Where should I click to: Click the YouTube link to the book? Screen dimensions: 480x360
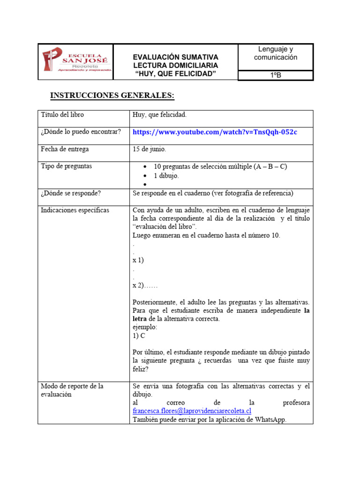pyautogui.click(x=215, y=132)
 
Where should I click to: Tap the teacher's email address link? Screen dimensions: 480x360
pyautogui.click(x=192, y=411)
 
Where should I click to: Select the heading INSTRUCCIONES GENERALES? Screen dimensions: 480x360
pyautogui.click(x=112, y=96)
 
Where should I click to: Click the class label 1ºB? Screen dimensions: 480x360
pyautogui.click(x=276, y=75)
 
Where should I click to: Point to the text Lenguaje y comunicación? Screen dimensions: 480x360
pyautogui.click(x=276, y=53)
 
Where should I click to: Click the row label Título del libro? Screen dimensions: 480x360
pyautogui.click(x=62, y=114)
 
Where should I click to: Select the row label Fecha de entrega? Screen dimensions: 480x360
pyautogui.click(x=65, y=149)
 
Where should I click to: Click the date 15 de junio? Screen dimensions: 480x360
pyautogui.click(x=149, y=149)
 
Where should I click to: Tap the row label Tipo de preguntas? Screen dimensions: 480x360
pyautogui.click(x=66, y=166)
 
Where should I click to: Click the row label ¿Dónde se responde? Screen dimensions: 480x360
pyautogui.click(x=70, y=193)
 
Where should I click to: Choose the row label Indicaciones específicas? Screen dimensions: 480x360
pyautogui.click(x=75, y=210)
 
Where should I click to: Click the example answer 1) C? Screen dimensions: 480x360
pyautogui.click(x=139, y=336)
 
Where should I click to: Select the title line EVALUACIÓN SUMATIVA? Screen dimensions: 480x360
pyautogui.click(x=176, y=57)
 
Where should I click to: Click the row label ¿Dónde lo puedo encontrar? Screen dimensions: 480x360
pyautogui.click(x=81, y=132)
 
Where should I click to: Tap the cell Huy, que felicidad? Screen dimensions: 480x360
pyautogui.click(x=159, y=114)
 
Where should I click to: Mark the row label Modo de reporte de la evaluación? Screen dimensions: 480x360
pyautogui.click(x=72, y=390)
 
